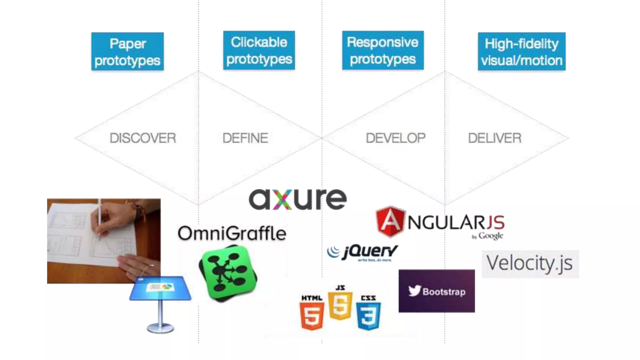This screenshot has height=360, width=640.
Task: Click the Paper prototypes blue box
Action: tap(127, 52)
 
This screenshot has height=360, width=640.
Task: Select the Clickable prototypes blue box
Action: tap(259, 50)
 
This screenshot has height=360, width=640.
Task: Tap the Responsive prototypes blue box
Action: tap(383, 50)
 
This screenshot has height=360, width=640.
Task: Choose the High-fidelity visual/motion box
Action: tap(522, 52)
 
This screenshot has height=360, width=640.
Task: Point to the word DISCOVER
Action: tap(143, 138)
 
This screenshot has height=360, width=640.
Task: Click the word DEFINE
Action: tap(245, 138)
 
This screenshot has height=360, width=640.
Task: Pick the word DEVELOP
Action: tap(396, 138)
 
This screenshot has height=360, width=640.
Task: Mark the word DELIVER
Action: tap(495, 138)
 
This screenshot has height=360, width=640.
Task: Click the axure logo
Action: tap(297, 199)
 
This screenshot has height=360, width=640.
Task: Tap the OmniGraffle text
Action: tap(232, 233)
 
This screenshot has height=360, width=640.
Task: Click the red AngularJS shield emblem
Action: tap(390, 222)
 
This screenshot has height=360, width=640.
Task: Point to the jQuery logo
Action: tap(362, 252)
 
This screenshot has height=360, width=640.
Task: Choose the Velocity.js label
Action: tap(530, 263)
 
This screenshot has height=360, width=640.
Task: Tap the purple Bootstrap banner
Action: tap(437, 291)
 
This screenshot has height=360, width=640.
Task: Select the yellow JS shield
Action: tap(340, 305)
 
